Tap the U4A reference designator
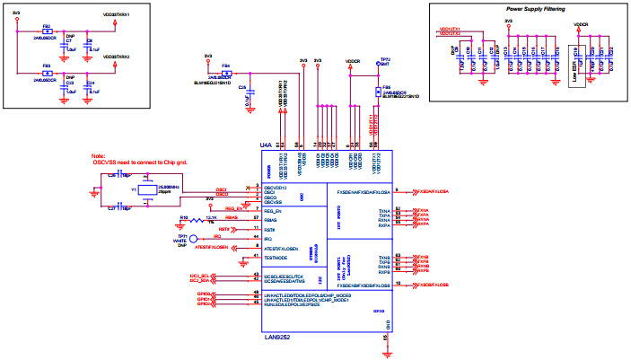coord(265,144)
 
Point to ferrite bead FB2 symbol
coord(47,31)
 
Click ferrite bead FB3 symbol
coord(47,72)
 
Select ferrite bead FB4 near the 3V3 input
coord(226,72)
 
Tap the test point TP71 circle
coord(179,238)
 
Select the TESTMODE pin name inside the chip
coord(275,258)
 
